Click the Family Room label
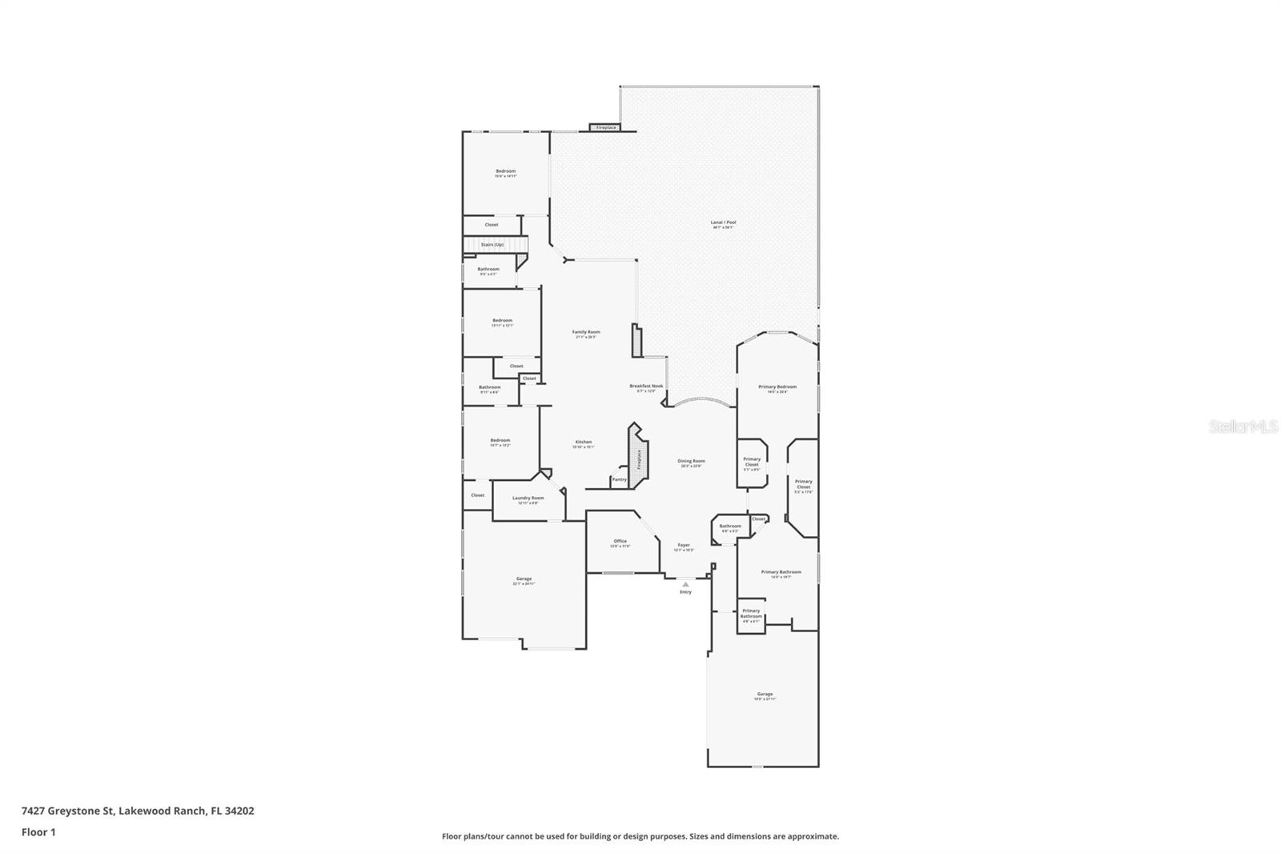[586, 332]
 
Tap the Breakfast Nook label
[646, 386]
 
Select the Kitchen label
[584, 442]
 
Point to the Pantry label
[619, 479]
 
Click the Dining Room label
[691, 461]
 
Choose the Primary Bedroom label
[777, 386]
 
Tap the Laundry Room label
[528, 498]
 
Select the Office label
[620, 541]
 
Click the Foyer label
[684, 545]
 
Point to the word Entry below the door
[685, 592]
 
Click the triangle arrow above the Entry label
[685, 584]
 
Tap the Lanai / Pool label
[723, 222]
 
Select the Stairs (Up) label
[492, 244]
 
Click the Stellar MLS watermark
[1243, 426]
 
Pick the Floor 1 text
[38, 832]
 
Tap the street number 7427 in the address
[33, 811]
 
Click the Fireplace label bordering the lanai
[606, 127]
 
